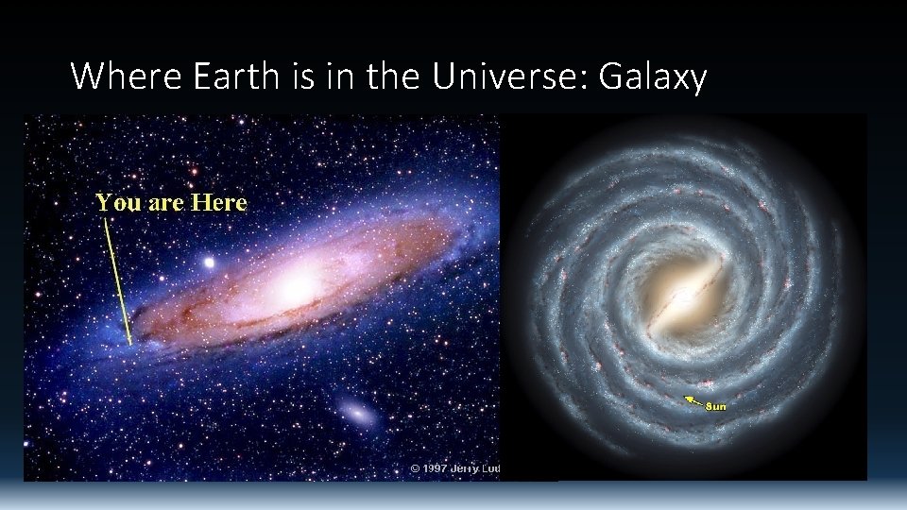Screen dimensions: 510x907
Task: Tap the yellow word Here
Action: (218, 202)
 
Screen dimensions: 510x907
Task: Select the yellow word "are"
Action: (166, 202)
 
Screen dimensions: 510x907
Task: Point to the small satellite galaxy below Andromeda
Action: (357, 413)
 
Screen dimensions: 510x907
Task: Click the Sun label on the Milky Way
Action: (716, 406)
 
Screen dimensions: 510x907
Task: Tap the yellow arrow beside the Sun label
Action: (693, 400)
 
